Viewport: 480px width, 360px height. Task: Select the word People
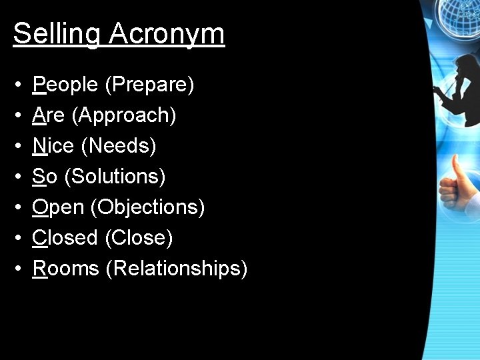65,85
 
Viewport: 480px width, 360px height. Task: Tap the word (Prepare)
149,85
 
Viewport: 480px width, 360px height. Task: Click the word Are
49,115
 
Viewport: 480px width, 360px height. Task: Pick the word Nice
53,145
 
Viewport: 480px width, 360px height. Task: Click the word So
45,176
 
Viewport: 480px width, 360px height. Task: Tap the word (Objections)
147,207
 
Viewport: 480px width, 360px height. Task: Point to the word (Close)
139,237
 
